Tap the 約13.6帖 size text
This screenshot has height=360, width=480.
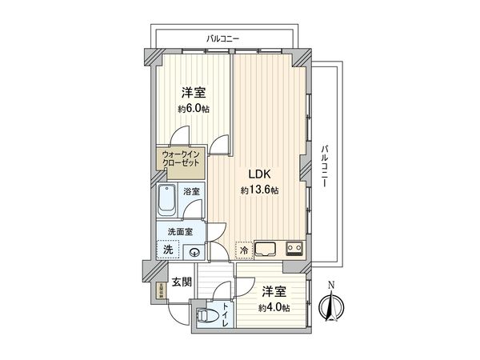(260, 190)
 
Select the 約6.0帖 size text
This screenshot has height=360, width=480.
(194, 109)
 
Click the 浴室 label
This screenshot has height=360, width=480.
(191, 192)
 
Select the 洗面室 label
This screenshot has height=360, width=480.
(180, 233)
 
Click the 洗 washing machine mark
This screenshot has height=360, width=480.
(168, 250)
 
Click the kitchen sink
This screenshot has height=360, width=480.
(265, 248)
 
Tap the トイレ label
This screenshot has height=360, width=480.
(227, 314)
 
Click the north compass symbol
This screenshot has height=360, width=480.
(331, 303)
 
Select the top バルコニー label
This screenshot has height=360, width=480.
(223, 38)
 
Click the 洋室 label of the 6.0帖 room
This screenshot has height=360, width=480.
(192, 92)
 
